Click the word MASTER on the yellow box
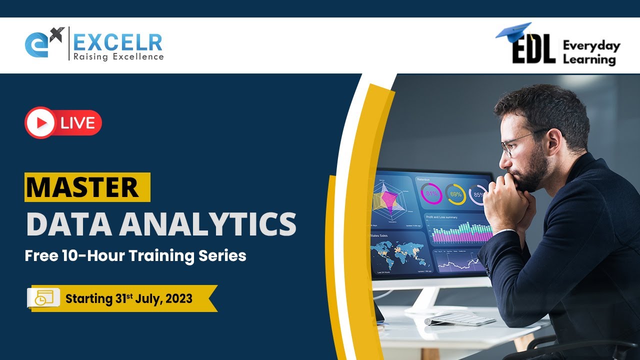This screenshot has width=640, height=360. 82,187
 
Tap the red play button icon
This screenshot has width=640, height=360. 40,122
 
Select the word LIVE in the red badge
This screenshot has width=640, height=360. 77,123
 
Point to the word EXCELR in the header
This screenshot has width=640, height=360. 118,42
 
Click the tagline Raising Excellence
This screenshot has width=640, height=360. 118,57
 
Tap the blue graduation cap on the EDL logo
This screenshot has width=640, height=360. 513,30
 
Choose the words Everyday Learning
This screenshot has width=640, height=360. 591,53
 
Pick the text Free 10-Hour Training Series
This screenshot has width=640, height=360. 135,256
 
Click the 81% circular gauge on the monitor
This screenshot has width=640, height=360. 431,193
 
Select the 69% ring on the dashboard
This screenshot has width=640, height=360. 455,194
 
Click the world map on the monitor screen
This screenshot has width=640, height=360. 399,254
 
